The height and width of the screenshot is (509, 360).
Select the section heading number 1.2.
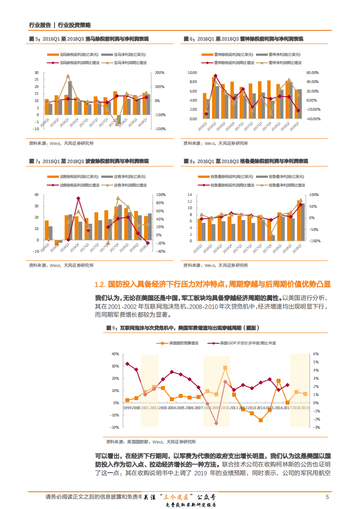coord(100,284)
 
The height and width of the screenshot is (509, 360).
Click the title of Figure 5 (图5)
coord(89,39)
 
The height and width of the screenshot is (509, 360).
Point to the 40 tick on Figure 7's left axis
coord(36,195)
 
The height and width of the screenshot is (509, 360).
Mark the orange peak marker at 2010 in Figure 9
coord(225,367)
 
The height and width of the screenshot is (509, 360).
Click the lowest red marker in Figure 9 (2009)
coord(216,423)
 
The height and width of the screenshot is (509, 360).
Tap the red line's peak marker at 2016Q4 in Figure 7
coord(78,198)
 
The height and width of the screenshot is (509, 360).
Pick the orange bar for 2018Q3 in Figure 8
coord(299,220)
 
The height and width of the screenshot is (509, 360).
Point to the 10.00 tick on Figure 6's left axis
coord(191,73)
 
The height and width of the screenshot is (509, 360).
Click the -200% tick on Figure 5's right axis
coord(160,129)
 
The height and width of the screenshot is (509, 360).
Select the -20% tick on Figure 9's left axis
coord(115,427)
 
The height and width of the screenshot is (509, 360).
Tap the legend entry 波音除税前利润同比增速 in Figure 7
coord(71,185)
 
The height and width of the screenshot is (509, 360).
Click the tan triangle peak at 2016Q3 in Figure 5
coord(68,76)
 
